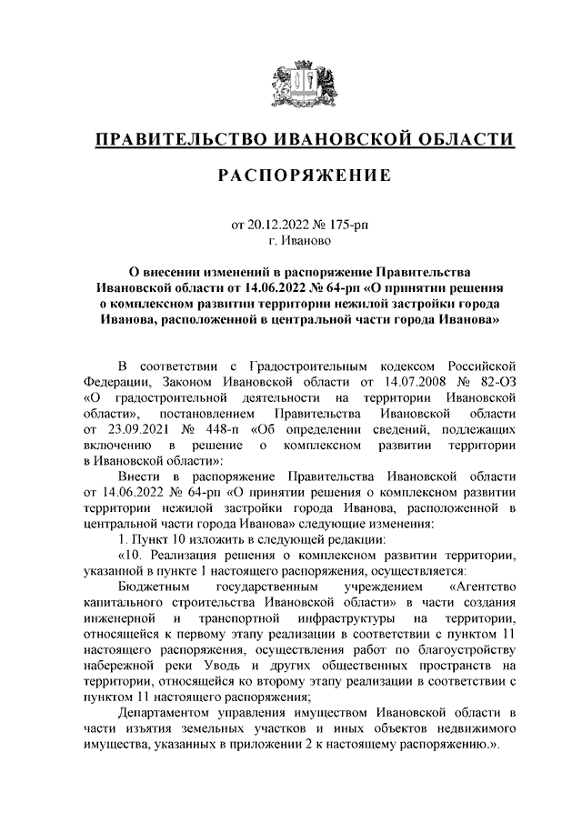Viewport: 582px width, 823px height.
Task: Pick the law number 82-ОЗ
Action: click(x=495, y=381)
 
